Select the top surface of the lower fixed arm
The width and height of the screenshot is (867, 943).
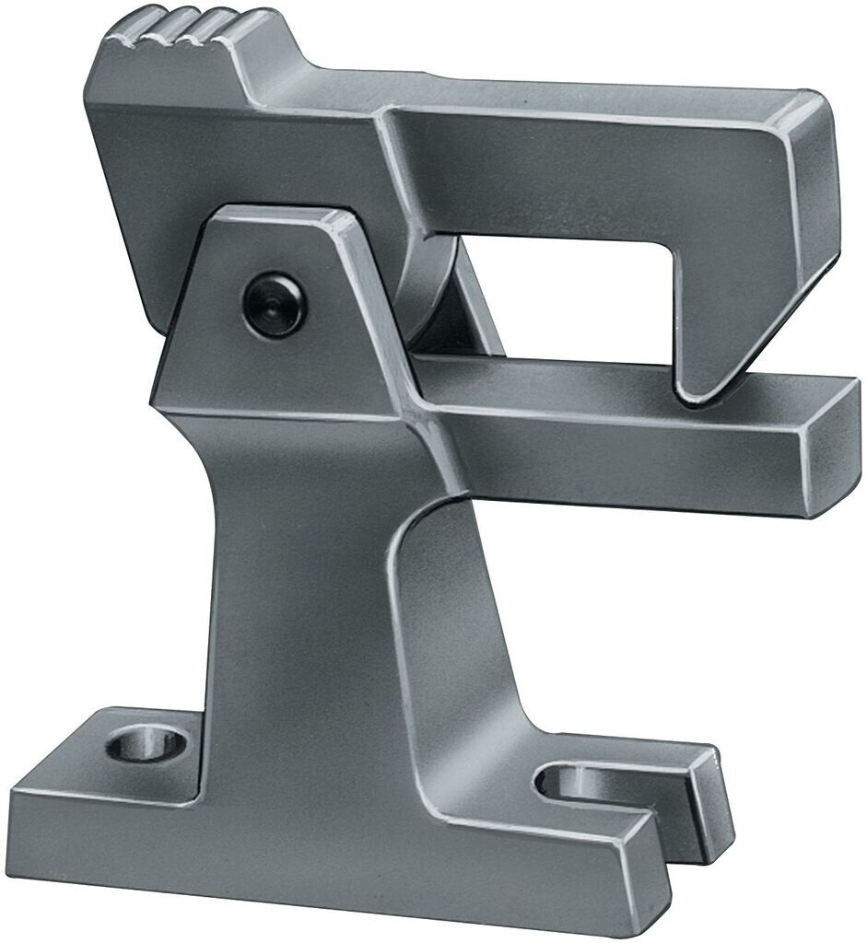[627, 387]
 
